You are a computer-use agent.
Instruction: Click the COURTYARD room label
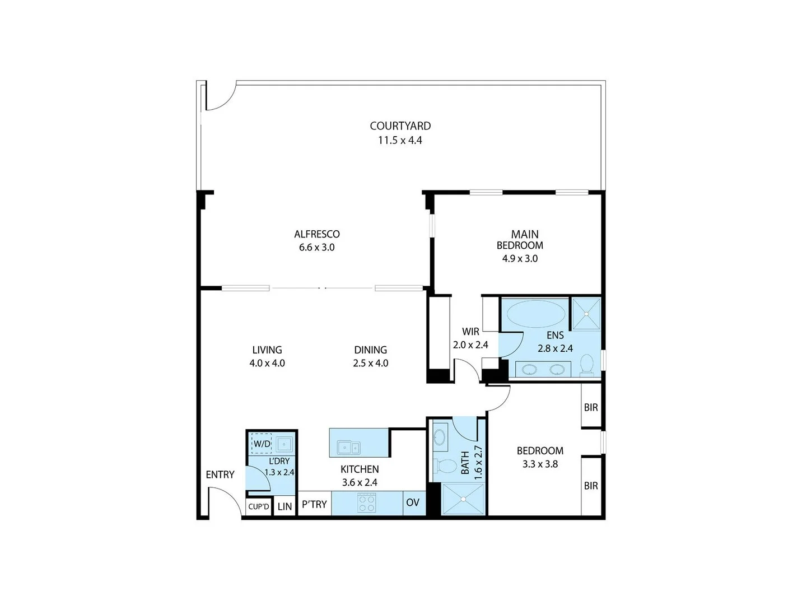tap(400, 126)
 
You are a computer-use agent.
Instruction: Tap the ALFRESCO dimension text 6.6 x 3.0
tap(316, 247)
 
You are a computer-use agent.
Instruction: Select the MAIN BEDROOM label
tap(520, 240)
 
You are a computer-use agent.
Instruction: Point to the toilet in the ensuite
tap(587, 364)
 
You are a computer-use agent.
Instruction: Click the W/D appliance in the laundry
tap(262, 444)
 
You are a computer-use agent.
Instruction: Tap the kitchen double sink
tap(349, 447)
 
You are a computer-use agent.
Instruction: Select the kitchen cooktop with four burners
tap(367, 502)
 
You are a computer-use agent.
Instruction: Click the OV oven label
tap(412, 502)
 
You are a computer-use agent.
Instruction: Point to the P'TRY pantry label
tap(314, 504)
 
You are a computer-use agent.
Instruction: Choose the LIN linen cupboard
tap(284, 506)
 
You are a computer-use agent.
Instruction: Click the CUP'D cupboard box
tap(259, 507)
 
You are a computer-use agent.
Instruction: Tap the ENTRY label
tap(220, 474)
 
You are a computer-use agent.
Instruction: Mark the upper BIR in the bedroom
tap(591, 407)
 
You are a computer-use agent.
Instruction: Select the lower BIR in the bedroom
tap(591, 486)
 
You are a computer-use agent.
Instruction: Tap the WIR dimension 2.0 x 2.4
tap(470, 345)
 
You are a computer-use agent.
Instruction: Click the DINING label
tap(370, 350)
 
